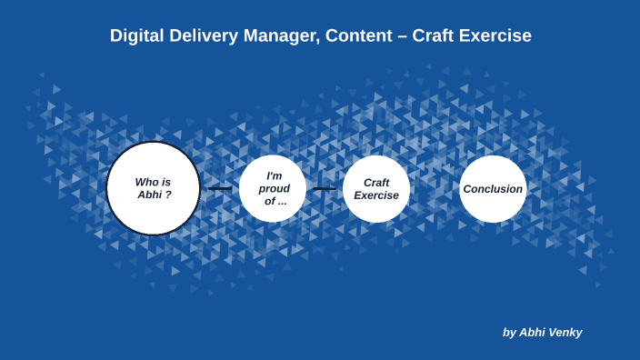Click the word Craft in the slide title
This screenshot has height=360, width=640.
click(434, 35)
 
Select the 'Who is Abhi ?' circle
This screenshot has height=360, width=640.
click(153, 188)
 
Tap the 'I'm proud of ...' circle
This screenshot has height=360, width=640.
click(273, 188)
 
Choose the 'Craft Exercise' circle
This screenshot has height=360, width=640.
click(376, 188)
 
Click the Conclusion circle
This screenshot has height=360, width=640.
click(493, 188)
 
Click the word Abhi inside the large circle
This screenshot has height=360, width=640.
click(149, 195)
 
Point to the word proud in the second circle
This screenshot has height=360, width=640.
click(275, 188)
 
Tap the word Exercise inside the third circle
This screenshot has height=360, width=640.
click(376, 195)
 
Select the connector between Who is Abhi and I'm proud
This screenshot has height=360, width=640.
click(220, 188)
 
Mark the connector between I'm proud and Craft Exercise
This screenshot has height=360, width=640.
click(325, 188)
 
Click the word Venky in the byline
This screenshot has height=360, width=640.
click(564, 333)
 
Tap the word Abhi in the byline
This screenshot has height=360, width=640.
click(531, 333)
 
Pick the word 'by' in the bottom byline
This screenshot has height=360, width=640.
click(509, 333)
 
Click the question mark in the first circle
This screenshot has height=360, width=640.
click(168, 195)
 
